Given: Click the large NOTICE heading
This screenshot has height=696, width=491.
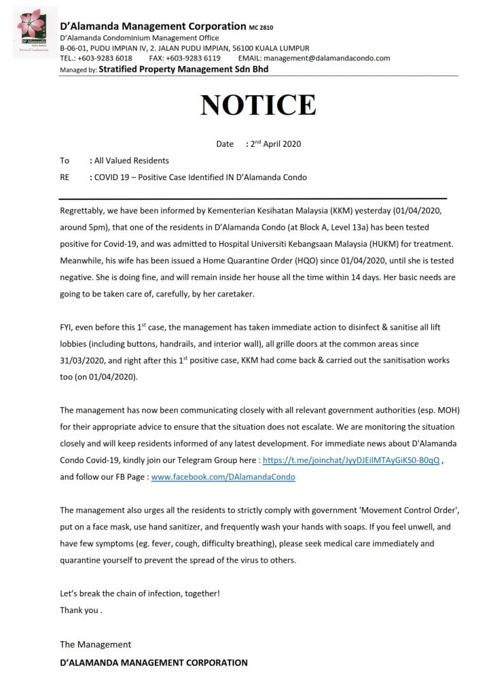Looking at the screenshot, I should pos(257,105).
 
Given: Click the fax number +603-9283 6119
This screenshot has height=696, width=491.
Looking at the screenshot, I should pos(196,58).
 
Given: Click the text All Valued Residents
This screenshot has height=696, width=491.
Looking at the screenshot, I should pos(132,160).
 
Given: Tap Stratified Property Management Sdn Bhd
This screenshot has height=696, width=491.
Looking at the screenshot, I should pos(183,69).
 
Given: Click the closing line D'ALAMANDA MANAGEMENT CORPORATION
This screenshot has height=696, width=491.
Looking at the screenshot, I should pos(153,662).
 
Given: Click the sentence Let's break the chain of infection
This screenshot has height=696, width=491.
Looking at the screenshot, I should pos(139,593).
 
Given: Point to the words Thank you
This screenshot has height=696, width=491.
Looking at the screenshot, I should pos(79,610).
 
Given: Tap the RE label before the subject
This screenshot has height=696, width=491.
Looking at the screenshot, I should pos(65,177).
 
